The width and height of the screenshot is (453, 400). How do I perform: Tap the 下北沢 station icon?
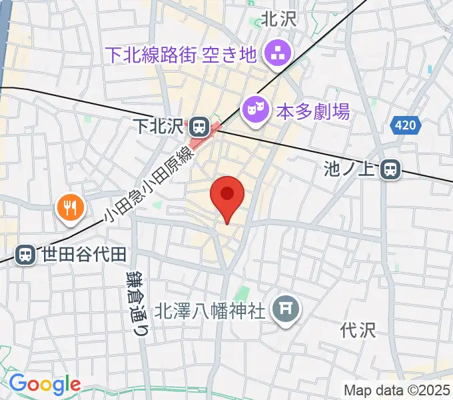click(x=199, y=125)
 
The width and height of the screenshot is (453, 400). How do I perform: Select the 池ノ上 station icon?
click(x=391, y=171)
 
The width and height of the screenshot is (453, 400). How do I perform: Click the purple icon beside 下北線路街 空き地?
click(x=276, y=53)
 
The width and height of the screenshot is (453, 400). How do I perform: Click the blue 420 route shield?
click(x=406, y=124)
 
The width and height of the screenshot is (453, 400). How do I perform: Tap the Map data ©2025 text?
click(x=397, y=390)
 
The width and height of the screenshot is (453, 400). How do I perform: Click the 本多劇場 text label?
click(x=312, y=111)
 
